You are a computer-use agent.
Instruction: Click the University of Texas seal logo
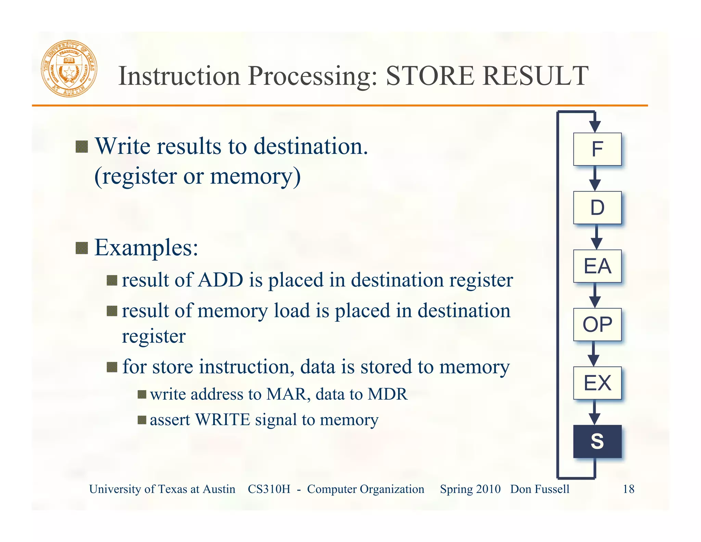pyautogui.click(x=69, y=69)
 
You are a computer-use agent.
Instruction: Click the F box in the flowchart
pyautogui.click(x=597, y=149)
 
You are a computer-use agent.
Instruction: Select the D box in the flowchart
pyautogui.click(x=597, y=208)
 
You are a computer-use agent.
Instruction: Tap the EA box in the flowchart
pyautogui.click(x=597, y=266)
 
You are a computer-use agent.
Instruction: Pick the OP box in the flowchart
pyautogui.click(x=597, y=324)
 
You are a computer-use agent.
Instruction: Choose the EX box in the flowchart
pyautogui.click(x=597, y=383)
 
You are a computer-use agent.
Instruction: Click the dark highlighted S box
pyautogui.click(x=597, y=441)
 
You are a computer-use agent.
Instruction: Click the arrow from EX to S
pyautogui.click(x=595, y=412)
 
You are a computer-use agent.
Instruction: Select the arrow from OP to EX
pyautogui.click(x=594, y=354)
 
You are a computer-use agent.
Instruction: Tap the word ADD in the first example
pyautogui.click(x=221, y=280)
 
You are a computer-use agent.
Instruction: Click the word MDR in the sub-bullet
pyautogui.click(x=387, y=394)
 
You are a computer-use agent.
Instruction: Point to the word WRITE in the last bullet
pyautogui.click(x=222, y=420)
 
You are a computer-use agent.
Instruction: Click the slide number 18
pyautogui.click(x=628, y=489)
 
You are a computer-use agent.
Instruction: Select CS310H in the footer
pyautogui.click(x=269, y=489)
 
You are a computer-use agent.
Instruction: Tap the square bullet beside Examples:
pyautogui.click(x=81, y=248)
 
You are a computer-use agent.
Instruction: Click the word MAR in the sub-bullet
pyautogui.click(x=286, y=394)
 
